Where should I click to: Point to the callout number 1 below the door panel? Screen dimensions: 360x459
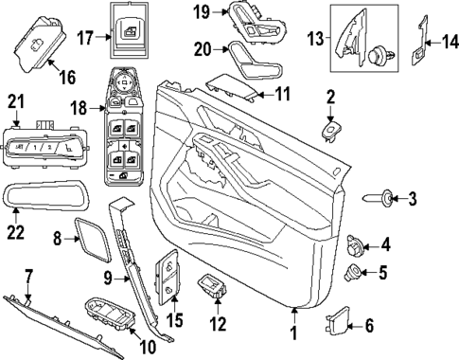[293, 333]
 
